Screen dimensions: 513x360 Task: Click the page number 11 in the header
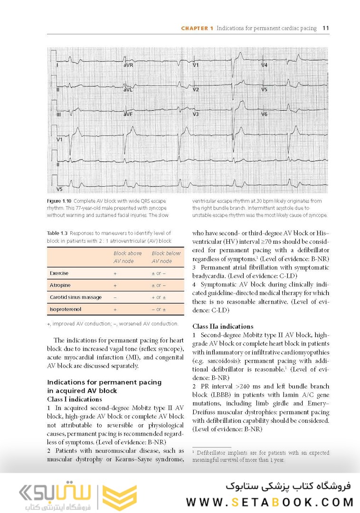tap(326, 28)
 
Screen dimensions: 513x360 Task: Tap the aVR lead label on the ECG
tap(128, 65)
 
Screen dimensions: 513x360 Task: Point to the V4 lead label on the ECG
tap(265, 65)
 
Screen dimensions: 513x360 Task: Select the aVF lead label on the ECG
tap(128, 114)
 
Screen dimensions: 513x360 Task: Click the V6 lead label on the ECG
tap(265, 114)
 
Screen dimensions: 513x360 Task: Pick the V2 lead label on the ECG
tap(196, 90)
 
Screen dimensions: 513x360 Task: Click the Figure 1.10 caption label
tap(60, 201)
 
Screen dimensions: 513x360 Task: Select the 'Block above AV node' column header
tap(127, 257)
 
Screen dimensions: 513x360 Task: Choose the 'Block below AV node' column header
tap(166, 257)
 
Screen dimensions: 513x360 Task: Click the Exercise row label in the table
tap(59, 274)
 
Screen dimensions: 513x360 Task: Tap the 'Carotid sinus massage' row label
tap(76, 297)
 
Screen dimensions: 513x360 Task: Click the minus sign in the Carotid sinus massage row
tap(115, 297)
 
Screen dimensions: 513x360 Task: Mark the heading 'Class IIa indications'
tap(223, 326)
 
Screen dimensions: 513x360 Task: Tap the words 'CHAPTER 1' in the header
tap(197, 28)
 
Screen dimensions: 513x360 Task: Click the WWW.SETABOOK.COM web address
tap(269, 502)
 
